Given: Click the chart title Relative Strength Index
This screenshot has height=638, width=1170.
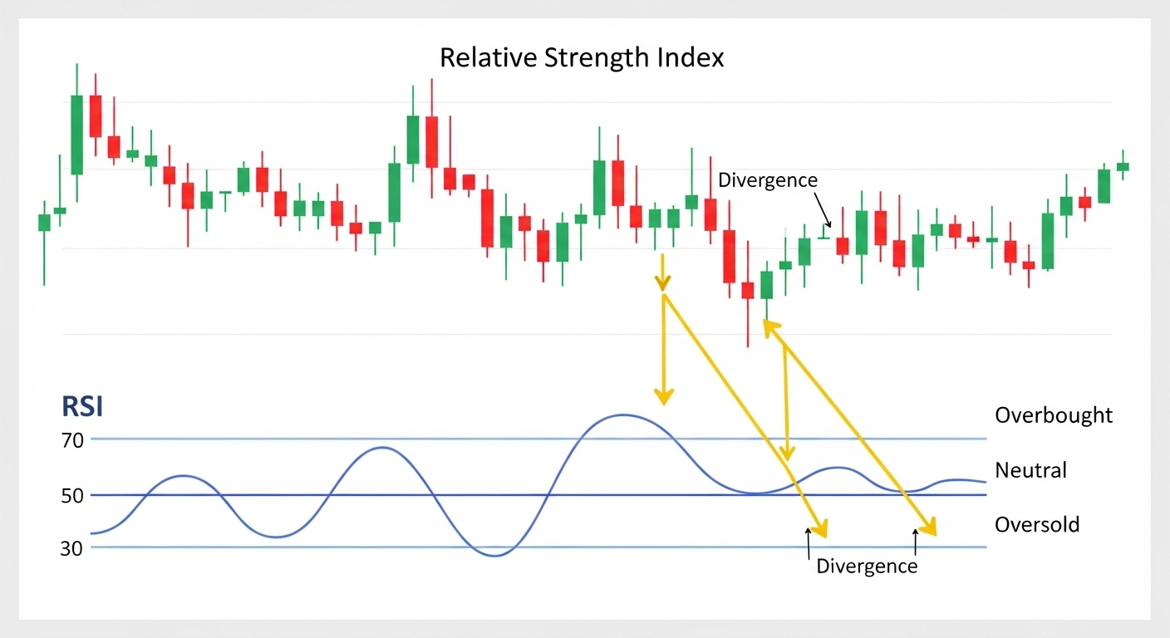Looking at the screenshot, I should (x=582, y=58).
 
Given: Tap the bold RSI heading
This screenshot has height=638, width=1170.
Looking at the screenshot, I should (x=82, y=407).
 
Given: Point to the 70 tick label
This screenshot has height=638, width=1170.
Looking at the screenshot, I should (x=72, y=440).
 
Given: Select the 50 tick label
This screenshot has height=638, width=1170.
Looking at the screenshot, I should (x=72, y=495).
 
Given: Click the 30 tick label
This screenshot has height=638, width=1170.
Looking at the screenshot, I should (x=72, y=548).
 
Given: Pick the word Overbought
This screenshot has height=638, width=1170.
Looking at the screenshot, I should (x=1053, y=415).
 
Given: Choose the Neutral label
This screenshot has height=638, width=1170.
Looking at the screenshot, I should (x=1030, y=470).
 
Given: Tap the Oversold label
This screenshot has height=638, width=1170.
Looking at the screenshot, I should (x=1037, y=525).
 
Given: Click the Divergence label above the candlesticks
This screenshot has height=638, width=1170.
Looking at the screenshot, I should (x=767, y=180).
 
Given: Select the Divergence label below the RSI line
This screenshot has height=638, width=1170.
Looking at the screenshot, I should (x=867, y=567).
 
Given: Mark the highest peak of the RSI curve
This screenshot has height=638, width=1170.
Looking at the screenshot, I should (x=623, y=415).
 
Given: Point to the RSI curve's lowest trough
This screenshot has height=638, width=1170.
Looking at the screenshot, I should (x=494, y=556).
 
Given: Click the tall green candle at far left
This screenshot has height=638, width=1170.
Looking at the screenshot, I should (x=76, y=135).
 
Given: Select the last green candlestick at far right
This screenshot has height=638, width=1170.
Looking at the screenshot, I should (x=1123, y=166).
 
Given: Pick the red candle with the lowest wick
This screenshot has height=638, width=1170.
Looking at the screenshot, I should (x=748, y=291).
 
